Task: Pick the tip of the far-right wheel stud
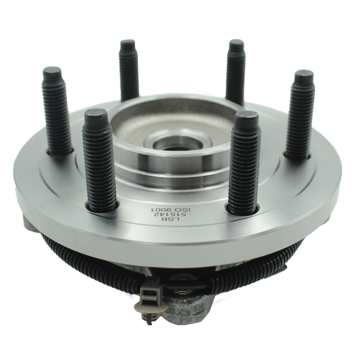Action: click(x=304, y=75)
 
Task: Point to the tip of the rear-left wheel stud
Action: click(x=128, y=44)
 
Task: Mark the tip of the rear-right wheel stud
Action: click(x=236, y=43)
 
